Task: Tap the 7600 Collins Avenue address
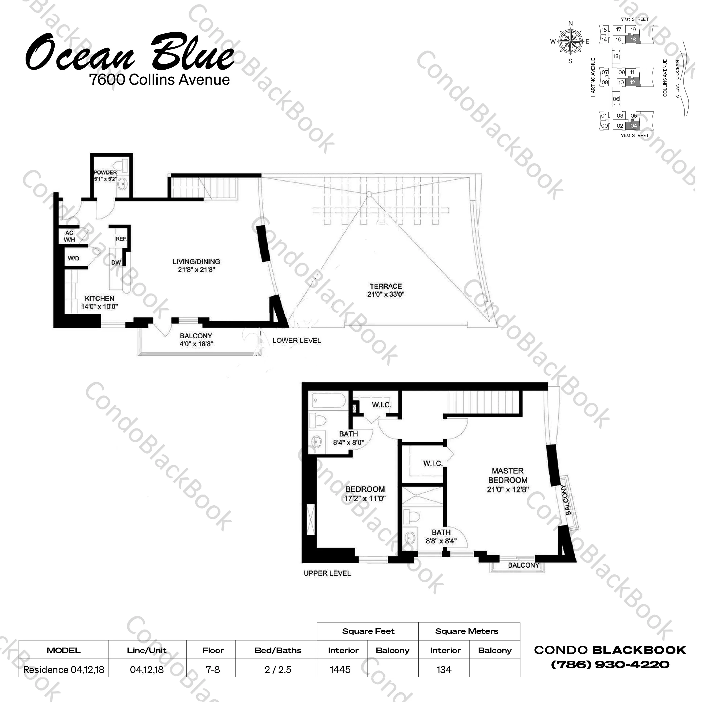159,80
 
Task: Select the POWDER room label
105,172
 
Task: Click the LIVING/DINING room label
196,261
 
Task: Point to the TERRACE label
386,286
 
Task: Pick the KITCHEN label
100,298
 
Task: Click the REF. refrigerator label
121,239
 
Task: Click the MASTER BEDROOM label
508,476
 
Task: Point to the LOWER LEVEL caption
297,341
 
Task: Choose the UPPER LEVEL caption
327,574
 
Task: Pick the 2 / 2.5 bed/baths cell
278,670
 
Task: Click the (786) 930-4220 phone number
610,665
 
